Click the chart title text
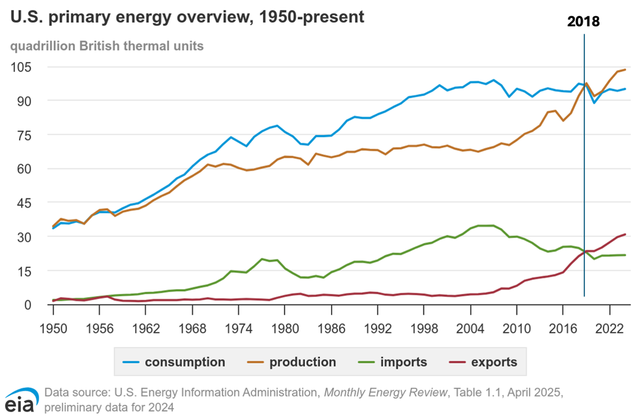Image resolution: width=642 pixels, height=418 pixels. click(x=187, y=17)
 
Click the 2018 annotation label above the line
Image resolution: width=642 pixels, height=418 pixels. click(x=583, y=22)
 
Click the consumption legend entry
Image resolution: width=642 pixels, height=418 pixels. click(x=174, y=362)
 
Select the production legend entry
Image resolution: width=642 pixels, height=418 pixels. click(x=291, y=362)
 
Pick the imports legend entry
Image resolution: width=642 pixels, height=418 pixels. click(x=394, y=362)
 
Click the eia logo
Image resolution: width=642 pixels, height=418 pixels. click(x=21, y=401)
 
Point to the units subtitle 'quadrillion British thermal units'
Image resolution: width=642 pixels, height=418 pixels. click(x=107, y=46)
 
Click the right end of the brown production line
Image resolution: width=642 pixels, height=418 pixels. click(x=625, y=70)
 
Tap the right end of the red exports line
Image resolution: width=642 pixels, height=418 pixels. click(x=625, y=234)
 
